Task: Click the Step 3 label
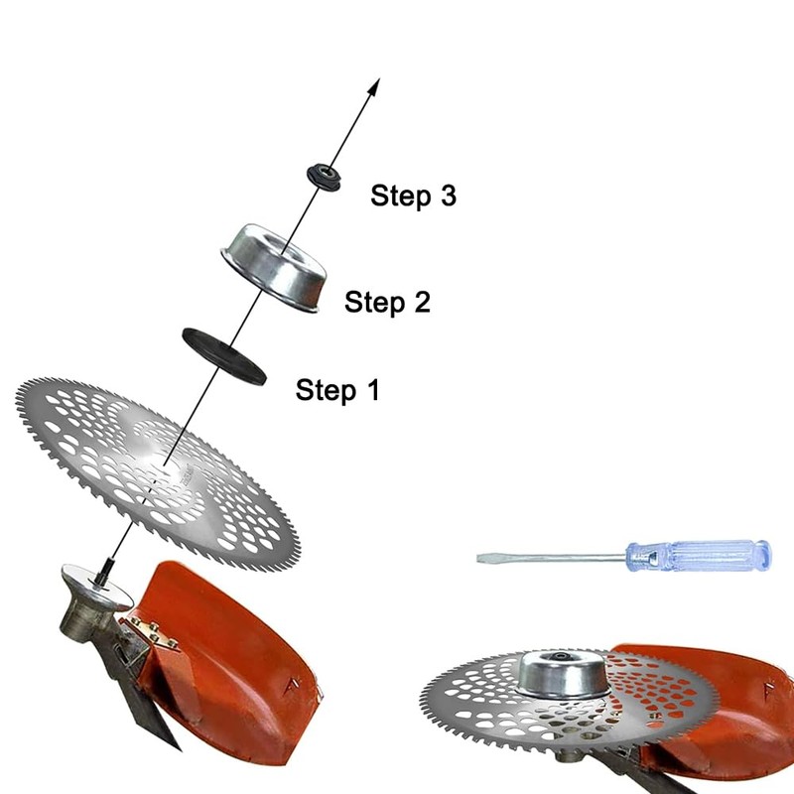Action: tap(413, 196)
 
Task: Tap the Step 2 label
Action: tap(387, 302)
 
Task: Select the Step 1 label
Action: tap(337, 390)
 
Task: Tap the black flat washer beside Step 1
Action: tap(223, 354)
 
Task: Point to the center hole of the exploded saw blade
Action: tap(160, 462)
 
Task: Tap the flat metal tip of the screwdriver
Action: tap(484, 557)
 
